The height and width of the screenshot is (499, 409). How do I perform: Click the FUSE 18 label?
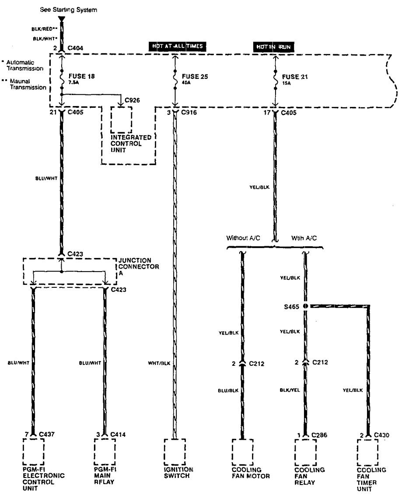coord(82,76)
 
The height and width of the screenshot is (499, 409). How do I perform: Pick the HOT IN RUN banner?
coord(274,46)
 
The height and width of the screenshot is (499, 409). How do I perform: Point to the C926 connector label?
coord(132,100)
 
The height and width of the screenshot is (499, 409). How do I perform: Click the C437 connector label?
coord(46,434)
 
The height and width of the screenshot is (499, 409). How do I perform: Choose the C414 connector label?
coord(118,434)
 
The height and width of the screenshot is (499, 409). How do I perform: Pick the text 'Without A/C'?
coord(243,238)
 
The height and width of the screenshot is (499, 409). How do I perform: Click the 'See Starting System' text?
coord(69,9)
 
